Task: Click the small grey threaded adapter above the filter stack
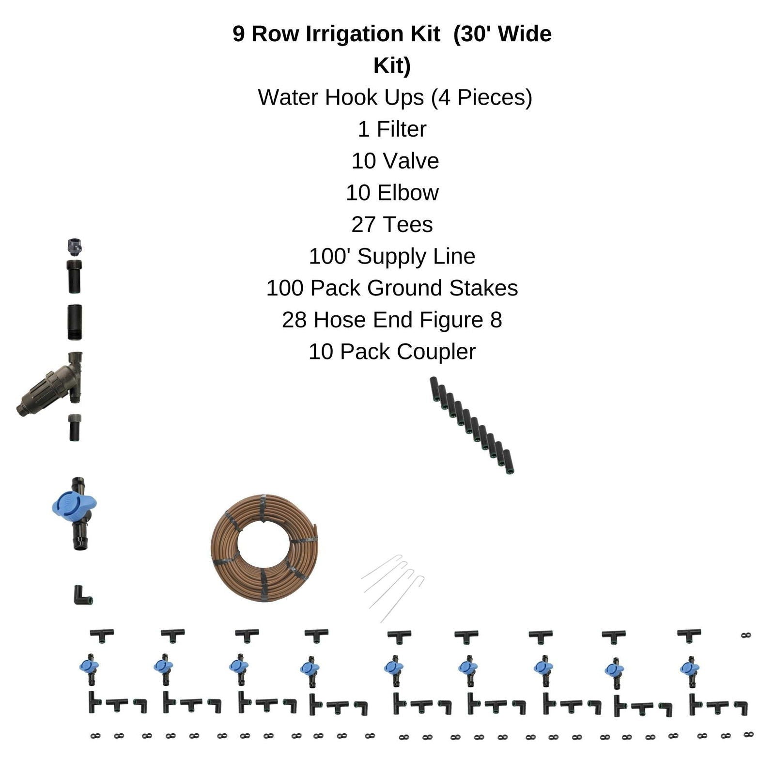pyautogui.click(x=75, y=247)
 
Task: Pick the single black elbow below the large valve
pyautogui.click(x=81, y=596)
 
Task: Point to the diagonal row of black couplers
pyautogui.click(x=472, y=425)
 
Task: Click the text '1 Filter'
pyautogui.click(x=392, y=129)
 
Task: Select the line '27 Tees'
pyautogui.click(x=392, y=225)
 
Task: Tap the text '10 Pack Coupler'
pyautogui.click(x=392, y=352)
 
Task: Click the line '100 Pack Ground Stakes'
pyautogui.click(x=392, y=288)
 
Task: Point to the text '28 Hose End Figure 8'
pyautogui.click(x=392, y=320)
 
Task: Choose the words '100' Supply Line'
pyautogui.click(x=392, y=257)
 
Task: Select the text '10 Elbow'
pyautogui.click(x=392, y=193)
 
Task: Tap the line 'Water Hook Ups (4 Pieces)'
pyautogui.click(x=395, y=97)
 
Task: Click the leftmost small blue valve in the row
pyautogui.click(x=89, y=667)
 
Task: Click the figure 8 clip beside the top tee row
pyautogui.click(x=746, y=635)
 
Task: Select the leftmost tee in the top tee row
pyautogui.click(x=102, y=635)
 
